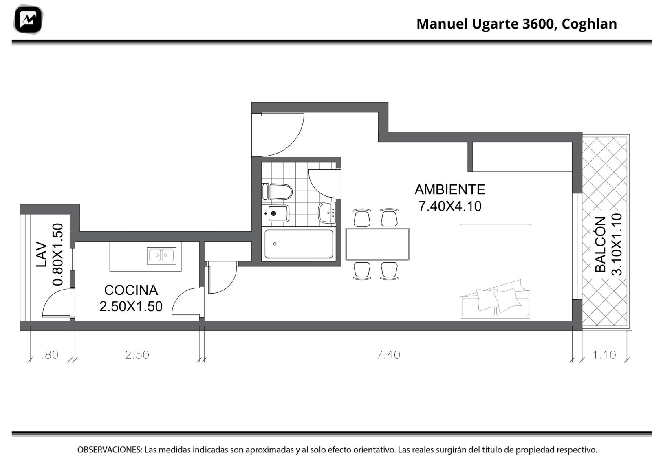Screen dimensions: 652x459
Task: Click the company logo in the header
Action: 28,20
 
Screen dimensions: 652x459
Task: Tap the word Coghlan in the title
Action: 589,24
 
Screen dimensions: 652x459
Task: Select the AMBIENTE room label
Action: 450,190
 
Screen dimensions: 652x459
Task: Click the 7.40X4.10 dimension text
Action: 450,206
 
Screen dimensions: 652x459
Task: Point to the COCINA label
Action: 131,290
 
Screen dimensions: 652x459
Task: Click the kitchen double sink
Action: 161,256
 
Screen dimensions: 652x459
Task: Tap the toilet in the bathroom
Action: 277,192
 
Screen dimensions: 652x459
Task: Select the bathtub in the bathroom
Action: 299,244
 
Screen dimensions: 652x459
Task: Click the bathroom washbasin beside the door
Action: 327,213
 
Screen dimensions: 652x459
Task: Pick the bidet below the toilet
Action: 275,213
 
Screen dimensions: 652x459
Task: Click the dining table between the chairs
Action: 377,244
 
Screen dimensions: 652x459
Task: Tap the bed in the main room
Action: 496,271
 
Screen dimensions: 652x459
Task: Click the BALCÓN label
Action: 601,245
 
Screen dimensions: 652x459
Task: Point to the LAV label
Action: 42,254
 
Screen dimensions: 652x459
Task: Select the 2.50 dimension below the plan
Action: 137,355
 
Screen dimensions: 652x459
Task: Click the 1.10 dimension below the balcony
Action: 604,355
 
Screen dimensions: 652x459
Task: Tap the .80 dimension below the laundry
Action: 50,355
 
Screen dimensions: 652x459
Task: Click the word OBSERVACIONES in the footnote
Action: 110,450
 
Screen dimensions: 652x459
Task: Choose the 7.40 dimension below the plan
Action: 388,355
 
